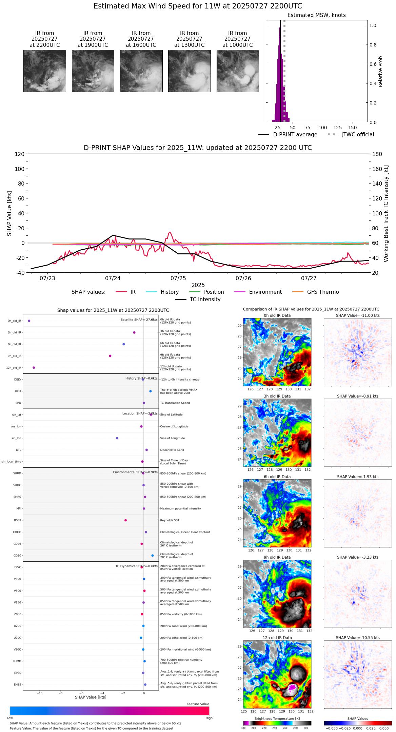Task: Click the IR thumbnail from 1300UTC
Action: tap(189, 71)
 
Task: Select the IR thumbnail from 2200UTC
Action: tap(44, 71)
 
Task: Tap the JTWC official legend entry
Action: tap(358, 135)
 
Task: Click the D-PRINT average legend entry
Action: tap(295, 135)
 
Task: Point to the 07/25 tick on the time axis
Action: tap(178, 278)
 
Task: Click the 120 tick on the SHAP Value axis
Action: tap(19, 154)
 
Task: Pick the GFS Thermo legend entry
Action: tap(323, 292)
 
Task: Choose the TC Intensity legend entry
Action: tap(205, 300)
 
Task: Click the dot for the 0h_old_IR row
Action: tap(29, 321)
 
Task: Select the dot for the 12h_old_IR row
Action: tap(34, 367)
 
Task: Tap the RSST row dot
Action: tap(125, 520)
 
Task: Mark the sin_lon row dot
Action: tap(117, 438)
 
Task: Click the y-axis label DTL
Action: tap(18, 450)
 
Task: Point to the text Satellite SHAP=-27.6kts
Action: tap(139, 320)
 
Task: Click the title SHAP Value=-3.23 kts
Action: tap(358, 557)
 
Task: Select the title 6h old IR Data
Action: tap(277, 477)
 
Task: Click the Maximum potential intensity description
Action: tap(180, 508)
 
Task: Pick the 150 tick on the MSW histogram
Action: tap(353, 128)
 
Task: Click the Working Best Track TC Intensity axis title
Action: tap(386, 214)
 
